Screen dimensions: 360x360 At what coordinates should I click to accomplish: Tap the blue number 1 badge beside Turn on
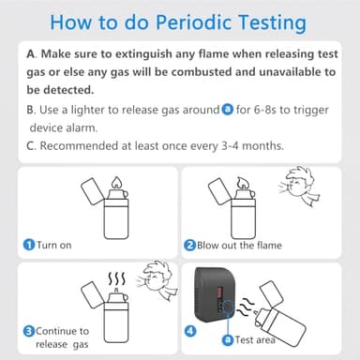click(29, 246)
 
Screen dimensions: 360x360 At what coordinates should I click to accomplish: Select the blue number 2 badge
click(190, 246)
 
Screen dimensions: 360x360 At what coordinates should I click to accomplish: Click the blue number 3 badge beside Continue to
click(29, 331)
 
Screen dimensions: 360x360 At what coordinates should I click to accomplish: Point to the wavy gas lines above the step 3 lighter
click(116, 278)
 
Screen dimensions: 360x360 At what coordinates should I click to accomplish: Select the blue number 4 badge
click(190, 330)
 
